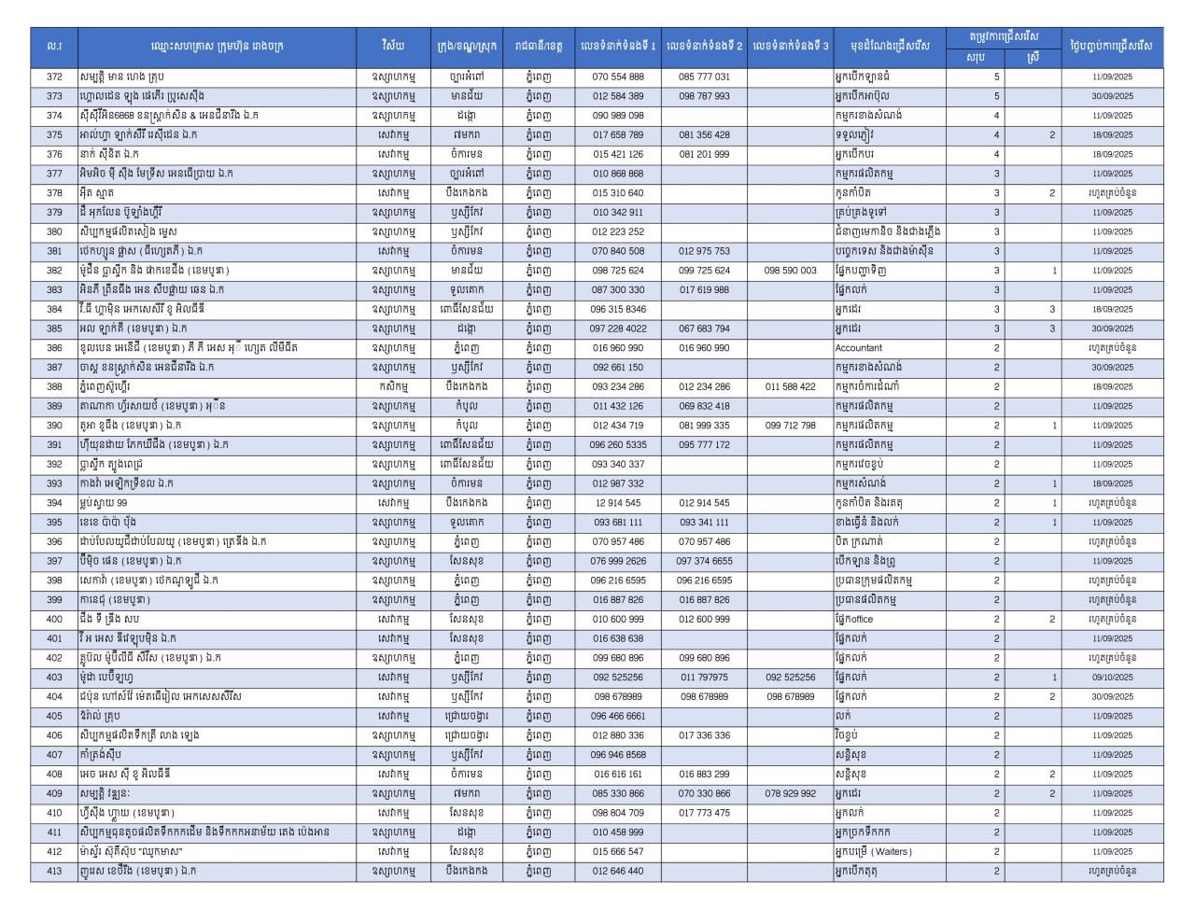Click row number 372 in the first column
pyautogui.click(x=54, y=77)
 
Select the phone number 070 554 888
pyautogui.click(x=618, y=77)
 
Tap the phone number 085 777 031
pyautogui.click(x=704, y=77)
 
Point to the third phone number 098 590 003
pyautogui.click(x=790, y=271)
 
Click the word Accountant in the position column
pyautogui.click(x=859, y=348)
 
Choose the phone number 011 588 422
pyautogui.click(x=790, y=386)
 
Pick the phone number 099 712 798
pyautogui.click(x=790, y=426)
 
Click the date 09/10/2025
pyautogui.click(x=1112, y=678)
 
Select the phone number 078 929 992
pyautogui.click(x=790, y=793)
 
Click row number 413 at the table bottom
pyautogui.click(x=54, y=871)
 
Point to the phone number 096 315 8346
pyautogui.click(x=618, y=309)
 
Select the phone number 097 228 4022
pyautogui.click(x=618, y=329)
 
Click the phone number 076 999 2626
pyautogui.click(x=618, y=561)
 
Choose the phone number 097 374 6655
pyautogui.click(x=704, y=561)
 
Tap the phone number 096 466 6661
pyautogui.click(x=618, y=716)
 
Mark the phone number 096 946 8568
pyautogui.click(x=618, y=755)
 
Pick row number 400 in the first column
pyautogui.click(x=54, y=619)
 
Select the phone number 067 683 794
pyautogui.click(x=704, y=329)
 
